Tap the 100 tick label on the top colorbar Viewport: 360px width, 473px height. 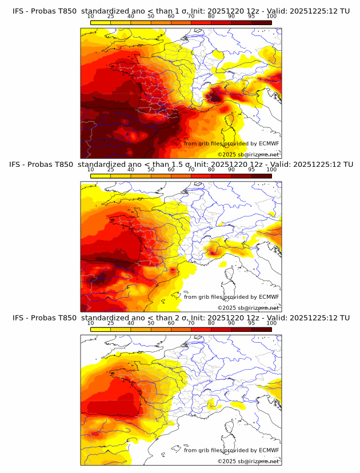click(x=271, y=17)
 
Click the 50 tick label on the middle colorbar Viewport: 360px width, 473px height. click(x=151, y=170)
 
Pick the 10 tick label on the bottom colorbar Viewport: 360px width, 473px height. click(x=90, y=323)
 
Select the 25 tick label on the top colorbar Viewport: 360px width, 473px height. click(x=110, y=17)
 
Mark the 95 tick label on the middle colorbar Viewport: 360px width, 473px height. click(x=251, y=170)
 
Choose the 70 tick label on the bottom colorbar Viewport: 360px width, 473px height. click(x=191, y=323)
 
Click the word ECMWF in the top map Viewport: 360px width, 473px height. click(x=269, y=143)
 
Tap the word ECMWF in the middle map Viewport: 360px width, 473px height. click(x=269, y=296)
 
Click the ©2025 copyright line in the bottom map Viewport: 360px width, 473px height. click(x=248, y=461)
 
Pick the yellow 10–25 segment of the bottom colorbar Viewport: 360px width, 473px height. click(x=100, y=329)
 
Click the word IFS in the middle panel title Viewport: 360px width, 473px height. click(x=18, y=165)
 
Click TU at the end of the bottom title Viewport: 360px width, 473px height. click(x=345, y=318)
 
